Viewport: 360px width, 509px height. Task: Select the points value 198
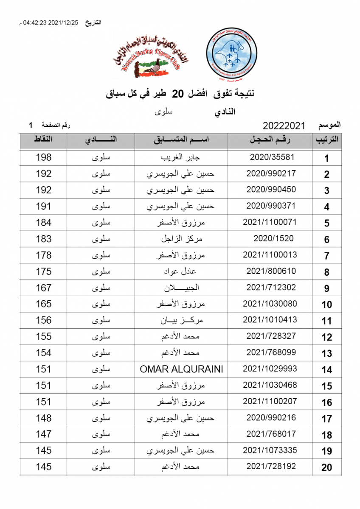pos(43,157)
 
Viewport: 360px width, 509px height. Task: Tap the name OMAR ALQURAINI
pos(181,369)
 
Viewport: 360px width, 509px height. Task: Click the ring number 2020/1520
pos(273,238)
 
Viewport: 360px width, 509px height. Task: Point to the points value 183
pos(43,239)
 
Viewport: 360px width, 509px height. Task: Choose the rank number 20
pos(326,468)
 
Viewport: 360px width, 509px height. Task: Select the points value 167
pos(43,288)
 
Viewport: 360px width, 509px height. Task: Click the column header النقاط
pos(43,140)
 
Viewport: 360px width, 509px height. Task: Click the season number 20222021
pos(284,126)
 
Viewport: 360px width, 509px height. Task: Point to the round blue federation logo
pos(231,55)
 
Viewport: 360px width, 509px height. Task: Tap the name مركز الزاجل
pos(181,239)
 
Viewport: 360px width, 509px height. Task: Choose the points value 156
pos(43,320)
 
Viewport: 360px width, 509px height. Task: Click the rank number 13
pos(326,354)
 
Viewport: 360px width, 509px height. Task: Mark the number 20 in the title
pos(180,94)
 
